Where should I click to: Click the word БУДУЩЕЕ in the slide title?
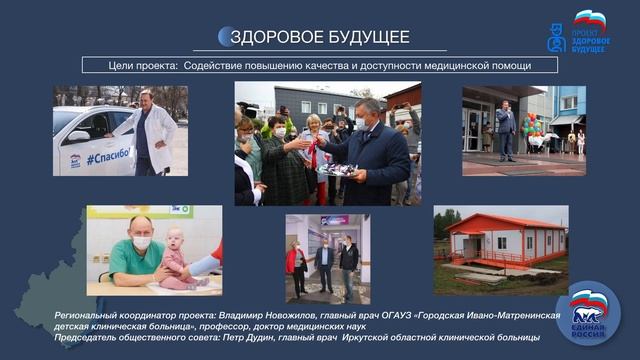click(x=367, y=37)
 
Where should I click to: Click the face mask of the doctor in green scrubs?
click(x=142, y=243)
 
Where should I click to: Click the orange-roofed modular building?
click(x=502, y=240)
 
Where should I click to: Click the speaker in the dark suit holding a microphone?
click(x=505, y=128)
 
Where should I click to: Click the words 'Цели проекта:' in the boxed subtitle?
click(x=144, y=65)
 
